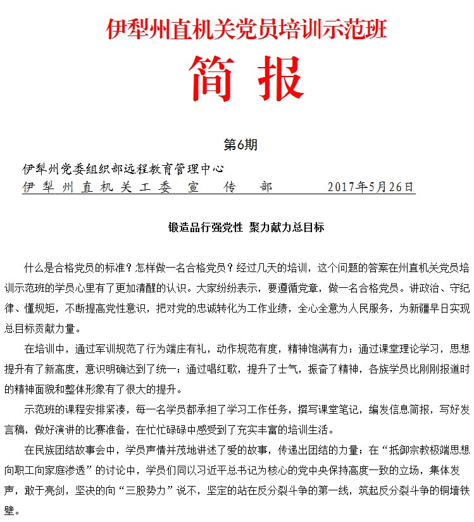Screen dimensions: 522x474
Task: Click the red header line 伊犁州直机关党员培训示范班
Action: point(246,29)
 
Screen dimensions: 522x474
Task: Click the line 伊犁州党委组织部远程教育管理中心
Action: point(123,170)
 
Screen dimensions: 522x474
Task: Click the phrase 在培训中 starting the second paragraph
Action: point(42,349)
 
